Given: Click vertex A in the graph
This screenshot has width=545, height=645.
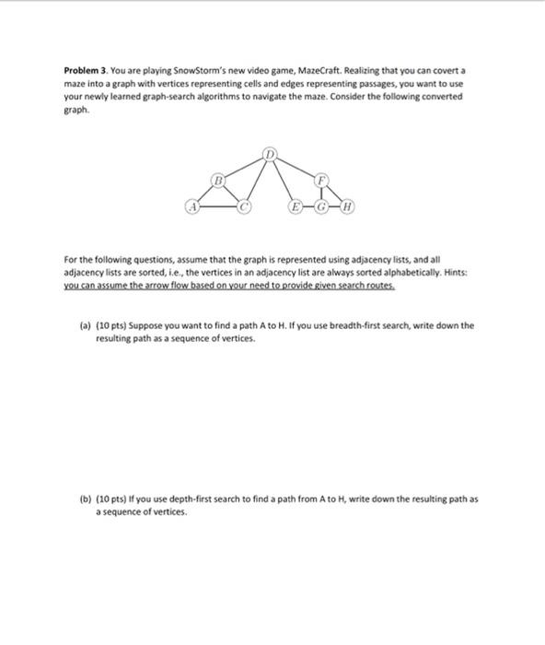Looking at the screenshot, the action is coord(192,207).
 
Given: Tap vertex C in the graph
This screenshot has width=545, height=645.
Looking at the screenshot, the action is coord(245,207).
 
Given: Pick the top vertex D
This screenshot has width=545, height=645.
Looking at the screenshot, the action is coord(270,150).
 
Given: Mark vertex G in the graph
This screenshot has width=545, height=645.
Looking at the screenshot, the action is coord(322,207).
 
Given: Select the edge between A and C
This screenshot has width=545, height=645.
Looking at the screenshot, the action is coord(218,207).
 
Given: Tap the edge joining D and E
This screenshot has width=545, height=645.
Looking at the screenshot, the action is coord(283,179).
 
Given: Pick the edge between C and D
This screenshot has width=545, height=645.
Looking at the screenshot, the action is coord(258,179).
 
